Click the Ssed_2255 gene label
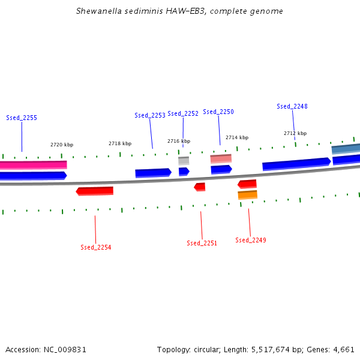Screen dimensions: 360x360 click(22, 118)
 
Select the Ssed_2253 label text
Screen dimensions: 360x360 click(150, 115)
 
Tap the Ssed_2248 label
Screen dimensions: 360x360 click(292, 106)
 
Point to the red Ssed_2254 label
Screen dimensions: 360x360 click(96, 247)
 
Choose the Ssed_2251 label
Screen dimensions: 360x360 click(202, 243)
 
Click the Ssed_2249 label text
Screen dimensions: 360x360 click(251, 240)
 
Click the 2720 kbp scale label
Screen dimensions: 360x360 click(62, 145)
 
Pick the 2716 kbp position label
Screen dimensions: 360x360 click(179, 141)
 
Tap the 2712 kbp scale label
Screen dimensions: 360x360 click(295, 133)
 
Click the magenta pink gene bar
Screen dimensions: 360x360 click(33, 164)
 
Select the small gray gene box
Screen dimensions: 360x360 click(184, 161)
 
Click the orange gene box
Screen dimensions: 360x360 click(247, 195)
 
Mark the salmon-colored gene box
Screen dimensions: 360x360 click(221, 159)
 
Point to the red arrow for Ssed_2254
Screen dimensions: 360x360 click(95, 191)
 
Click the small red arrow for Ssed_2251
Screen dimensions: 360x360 click(200, 187)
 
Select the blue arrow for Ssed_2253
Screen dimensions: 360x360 click(153, 173)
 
